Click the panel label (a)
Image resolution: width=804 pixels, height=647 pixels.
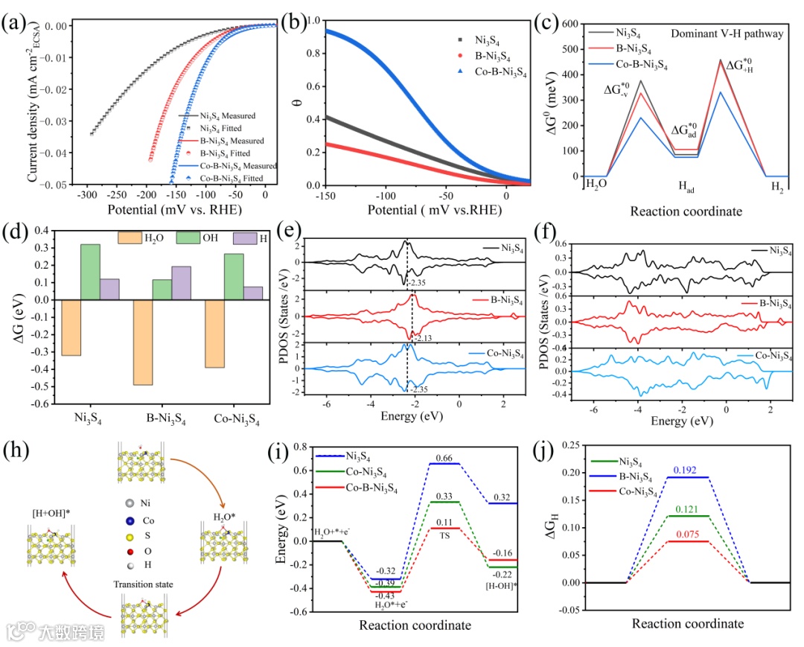pos(16,22)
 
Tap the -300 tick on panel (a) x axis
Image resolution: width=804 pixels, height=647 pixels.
pos(88,197)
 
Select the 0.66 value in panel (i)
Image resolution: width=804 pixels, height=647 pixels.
pos(444,456)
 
